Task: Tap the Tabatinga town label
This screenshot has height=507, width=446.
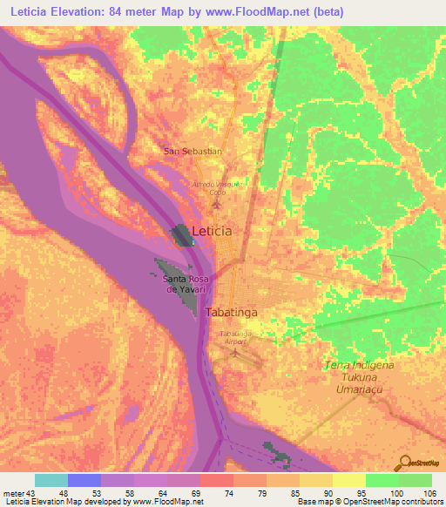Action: [x=232, y=311]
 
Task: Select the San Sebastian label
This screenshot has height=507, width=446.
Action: [x=193, y=151]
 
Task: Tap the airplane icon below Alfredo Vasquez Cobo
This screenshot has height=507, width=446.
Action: [x=217, y=205]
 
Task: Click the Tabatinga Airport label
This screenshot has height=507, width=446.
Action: [x=235, y=337]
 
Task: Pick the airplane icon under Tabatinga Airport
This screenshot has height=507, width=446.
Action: [x=233, y=353]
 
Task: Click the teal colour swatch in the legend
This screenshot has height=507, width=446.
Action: [x=51, y=480]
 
